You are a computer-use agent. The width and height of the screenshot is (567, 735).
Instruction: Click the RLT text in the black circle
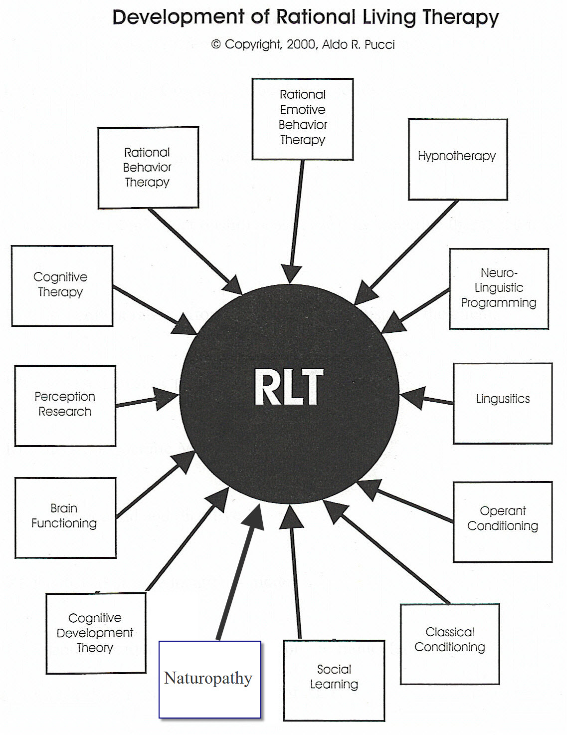click(x=289, y=388)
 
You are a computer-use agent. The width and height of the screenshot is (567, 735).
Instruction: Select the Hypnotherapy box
click(x=458, y=159)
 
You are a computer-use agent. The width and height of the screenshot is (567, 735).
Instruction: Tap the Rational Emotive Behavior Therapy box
click(x=303, y=119)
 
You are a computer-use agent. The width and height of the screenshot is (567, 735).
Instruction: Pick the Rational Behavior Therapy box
click(x=148, y=168)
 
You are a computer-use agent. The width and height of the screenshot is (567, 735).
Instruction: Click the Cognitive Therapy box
click(x=62, y=285)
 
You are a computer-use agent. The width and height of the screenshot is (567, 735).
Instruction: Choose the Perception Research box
click(x=65, y=405)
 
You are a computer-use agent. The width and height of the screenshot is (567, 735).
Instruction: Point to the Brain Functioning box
click(x=65, y=517)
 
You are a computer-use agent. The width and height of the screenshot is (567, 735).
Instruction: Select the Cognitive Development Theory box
click(x=96, y=633)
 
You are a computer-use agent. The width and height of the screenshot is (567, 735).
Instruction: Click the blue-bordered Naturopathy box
click(x=209, y=679)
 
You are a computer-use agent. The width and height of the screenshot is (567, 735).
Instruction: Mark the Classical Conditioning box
click(x=450, y=644)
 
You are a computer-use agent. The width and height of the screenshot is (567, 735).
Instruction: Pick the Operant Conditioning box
click(x=503, y=521)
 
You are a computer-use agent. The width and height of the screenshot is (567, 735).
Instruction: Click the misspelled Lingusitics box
click(x=503, y=403)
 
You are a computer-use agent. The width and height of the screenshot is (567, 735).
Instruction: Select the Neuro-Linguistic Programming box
click(x=499, y=289)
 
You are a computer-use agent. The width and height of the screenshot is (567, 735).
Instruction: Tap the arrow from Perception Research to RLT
click(x=145, y=400)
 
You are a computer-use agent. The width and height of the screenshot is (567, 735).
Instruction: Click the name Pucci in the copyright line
click(x=379, y=44)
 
